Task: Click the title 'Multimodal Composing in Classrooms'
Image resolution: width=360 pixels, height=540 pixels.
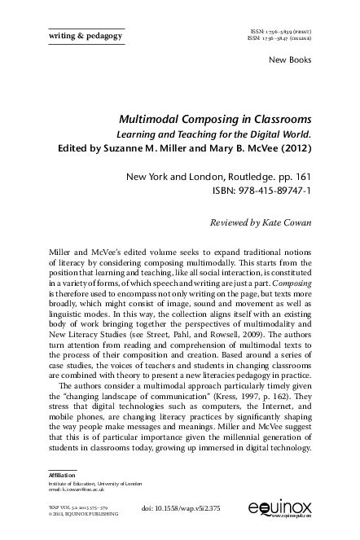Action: click(222, 118)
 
